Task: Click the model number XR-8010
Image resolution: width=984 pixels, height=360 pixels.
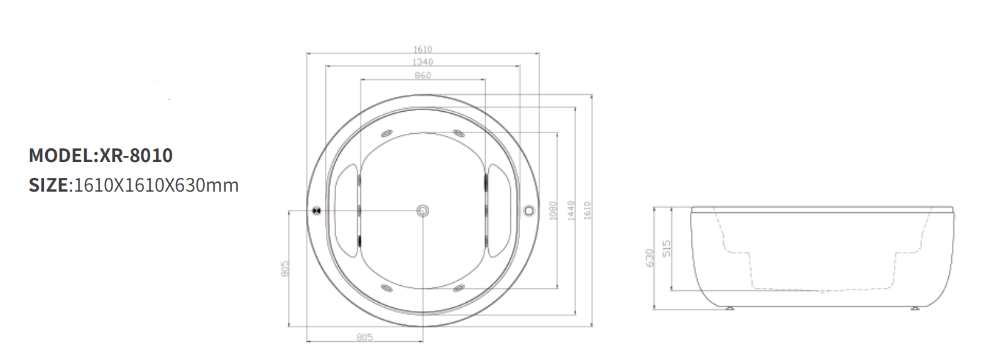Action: (136, 155)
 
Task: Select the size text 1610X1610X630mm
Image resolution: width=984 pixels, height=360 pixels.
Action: (156, 185)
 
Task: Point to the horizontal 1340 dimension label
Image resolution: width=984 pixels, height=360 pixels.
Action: (423, 62)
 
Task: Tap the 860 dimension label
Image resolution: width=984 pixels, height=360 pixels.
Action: (423, 75)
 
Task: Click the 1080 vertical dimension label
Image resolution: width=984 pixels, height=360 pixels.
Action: (552, 210)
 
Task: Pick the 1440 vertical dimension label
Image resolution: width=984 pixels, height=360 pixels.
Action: (571, 210)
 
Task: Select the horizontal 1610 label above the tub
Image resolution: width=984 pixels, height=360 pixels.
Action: (423, 49)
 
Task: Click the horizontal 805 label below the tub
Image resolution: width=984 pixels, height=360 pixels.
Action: (364, 337)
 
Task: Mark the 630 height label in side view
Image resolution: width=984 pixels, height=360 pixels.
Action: (650, 258)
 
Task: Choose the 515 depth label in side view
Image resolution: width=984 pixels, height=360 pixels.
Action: (667, 249)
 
